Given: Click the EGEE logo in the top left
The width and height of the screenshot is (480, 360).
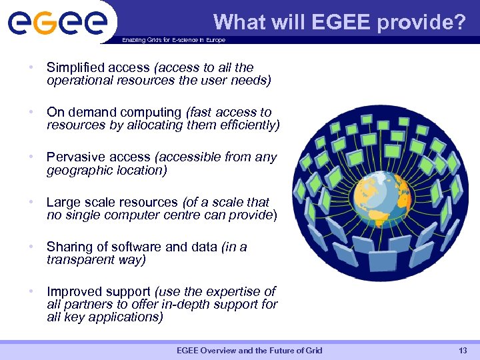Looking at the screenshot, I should pyautogui.click(x=57, y=21).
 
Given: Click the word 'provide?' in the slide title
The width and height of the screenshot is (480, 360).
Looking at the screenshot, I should pyautogui.click(x=421, y=23).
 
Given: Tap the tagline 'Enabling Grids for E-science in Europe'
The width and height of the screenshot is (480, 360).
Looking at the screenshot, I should pyautogui.click(x=173, y=40).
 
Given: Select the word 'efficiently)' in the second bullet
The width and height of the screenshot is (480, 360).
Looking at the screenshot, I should pyautogui.click(x=248, y=125).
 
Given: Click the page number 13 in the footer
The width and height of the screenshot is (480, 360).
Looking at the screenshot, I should pyautogui.click(x=463, y=351).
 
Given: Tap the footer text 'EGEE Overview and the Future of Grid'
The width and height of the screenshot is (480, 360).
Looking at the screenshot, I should pyautogui.click(x=249, y=351).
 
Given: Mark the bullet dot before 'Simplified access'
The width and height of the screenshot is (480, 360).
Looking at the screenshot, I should pyautogui.click(x=31, y=68).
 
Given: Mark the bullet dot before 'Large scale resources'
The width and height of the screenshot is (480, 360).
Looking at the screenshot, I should pyautogui.click(x=31, y=202).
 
